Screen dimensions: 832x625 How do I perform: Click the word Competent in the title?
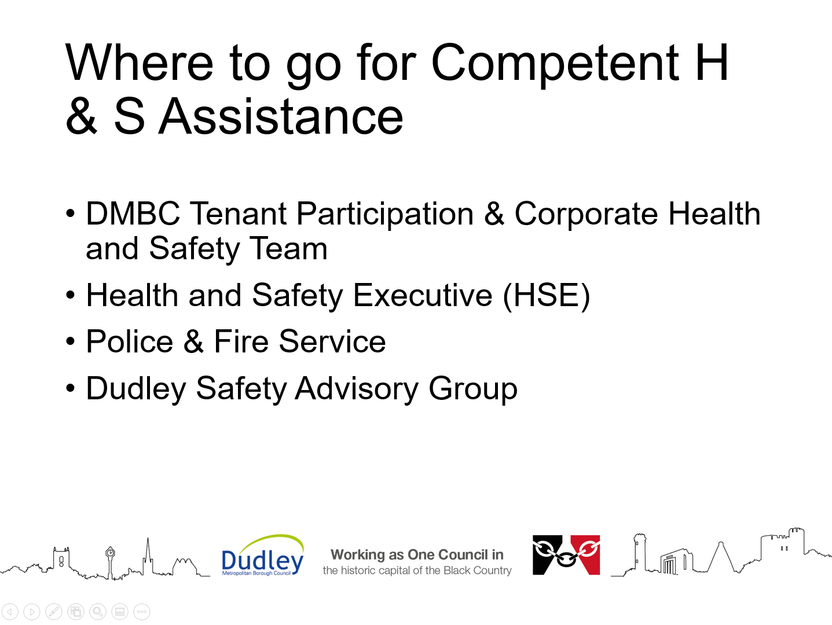click(x=555, y=64)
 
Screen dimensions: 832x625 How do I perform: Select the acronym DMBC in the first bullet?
click(x=133, y=214)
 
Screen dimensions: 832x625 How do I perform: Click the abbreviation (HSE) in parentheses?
click(x=547, y=296)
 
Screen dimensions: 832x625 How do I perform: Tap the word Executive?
click(x=423, y=295)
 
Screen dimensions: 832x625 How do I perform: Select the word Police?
click(x=130, y=341)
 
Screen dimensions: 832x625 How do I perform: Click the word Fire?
click(x=241, y=341)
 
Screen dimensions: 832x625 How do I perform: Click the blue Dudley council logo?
click(x=263, y=556)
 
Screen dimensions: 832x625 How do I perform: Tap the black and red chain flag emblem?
click(x=566, y=555)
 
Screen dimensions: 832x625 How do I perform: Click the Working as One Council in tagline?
click(x=417, y=555)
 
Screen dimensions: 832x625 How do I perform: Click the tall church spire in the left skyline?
click(x=148, y=556)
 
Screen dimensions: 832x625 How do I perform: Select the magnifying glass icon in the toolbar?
click(x=98, y=612)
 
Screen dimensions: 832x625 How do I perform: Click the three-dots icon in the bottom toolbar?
click(x=142, y=612)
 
